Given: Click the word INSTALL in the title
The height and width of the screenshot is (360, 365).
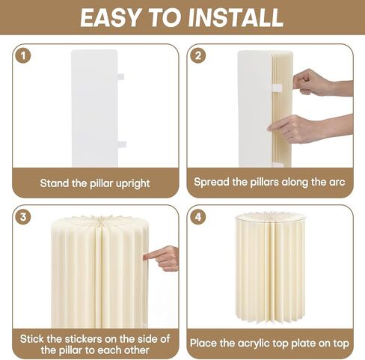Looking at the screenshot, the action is (x=236, y=17).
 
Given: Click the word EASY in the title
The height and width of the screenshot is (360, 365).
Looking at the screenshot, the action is (x=110, y=17).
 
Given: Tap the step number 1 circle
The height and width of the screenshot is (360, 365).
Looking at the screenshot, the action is (x=23, y=55).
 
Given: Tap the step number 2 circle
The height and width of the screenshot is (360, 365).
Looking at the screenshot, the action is (x=197, y=55).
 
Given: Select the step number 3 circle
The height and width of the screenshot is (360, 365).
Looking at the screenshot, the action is (x=23, y=216).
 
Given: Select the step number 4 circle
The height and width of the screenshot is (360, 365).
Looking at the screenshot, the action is (x=197, y=216).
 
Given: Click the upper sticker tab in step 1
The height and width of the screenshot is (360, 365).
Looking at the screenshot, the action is (x=120, y=76).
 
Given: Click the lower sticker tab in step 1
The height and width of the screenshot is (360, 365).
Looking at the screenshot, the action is (x=122, y=144).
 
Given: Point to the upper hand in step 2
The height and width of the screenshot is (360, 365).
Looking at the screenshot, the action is (x=322, y=83).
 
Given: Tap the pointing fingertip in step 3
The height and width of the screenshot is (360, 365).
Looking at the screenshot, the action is (x=145, y=256).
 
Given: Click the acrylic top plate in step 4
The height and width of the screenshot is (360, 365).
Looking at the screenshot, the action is (x=270, y=216).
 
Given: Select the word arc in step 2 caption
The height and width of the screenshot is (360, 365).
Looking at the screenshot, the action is (x=337, y=182).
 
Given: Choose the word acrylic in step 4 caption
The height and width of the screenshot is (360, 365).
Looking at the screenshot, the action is (x=254, y=344).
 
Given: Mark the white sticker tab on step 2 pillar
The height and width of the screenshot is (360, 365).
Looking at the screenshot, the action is (x=277, y=88).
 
